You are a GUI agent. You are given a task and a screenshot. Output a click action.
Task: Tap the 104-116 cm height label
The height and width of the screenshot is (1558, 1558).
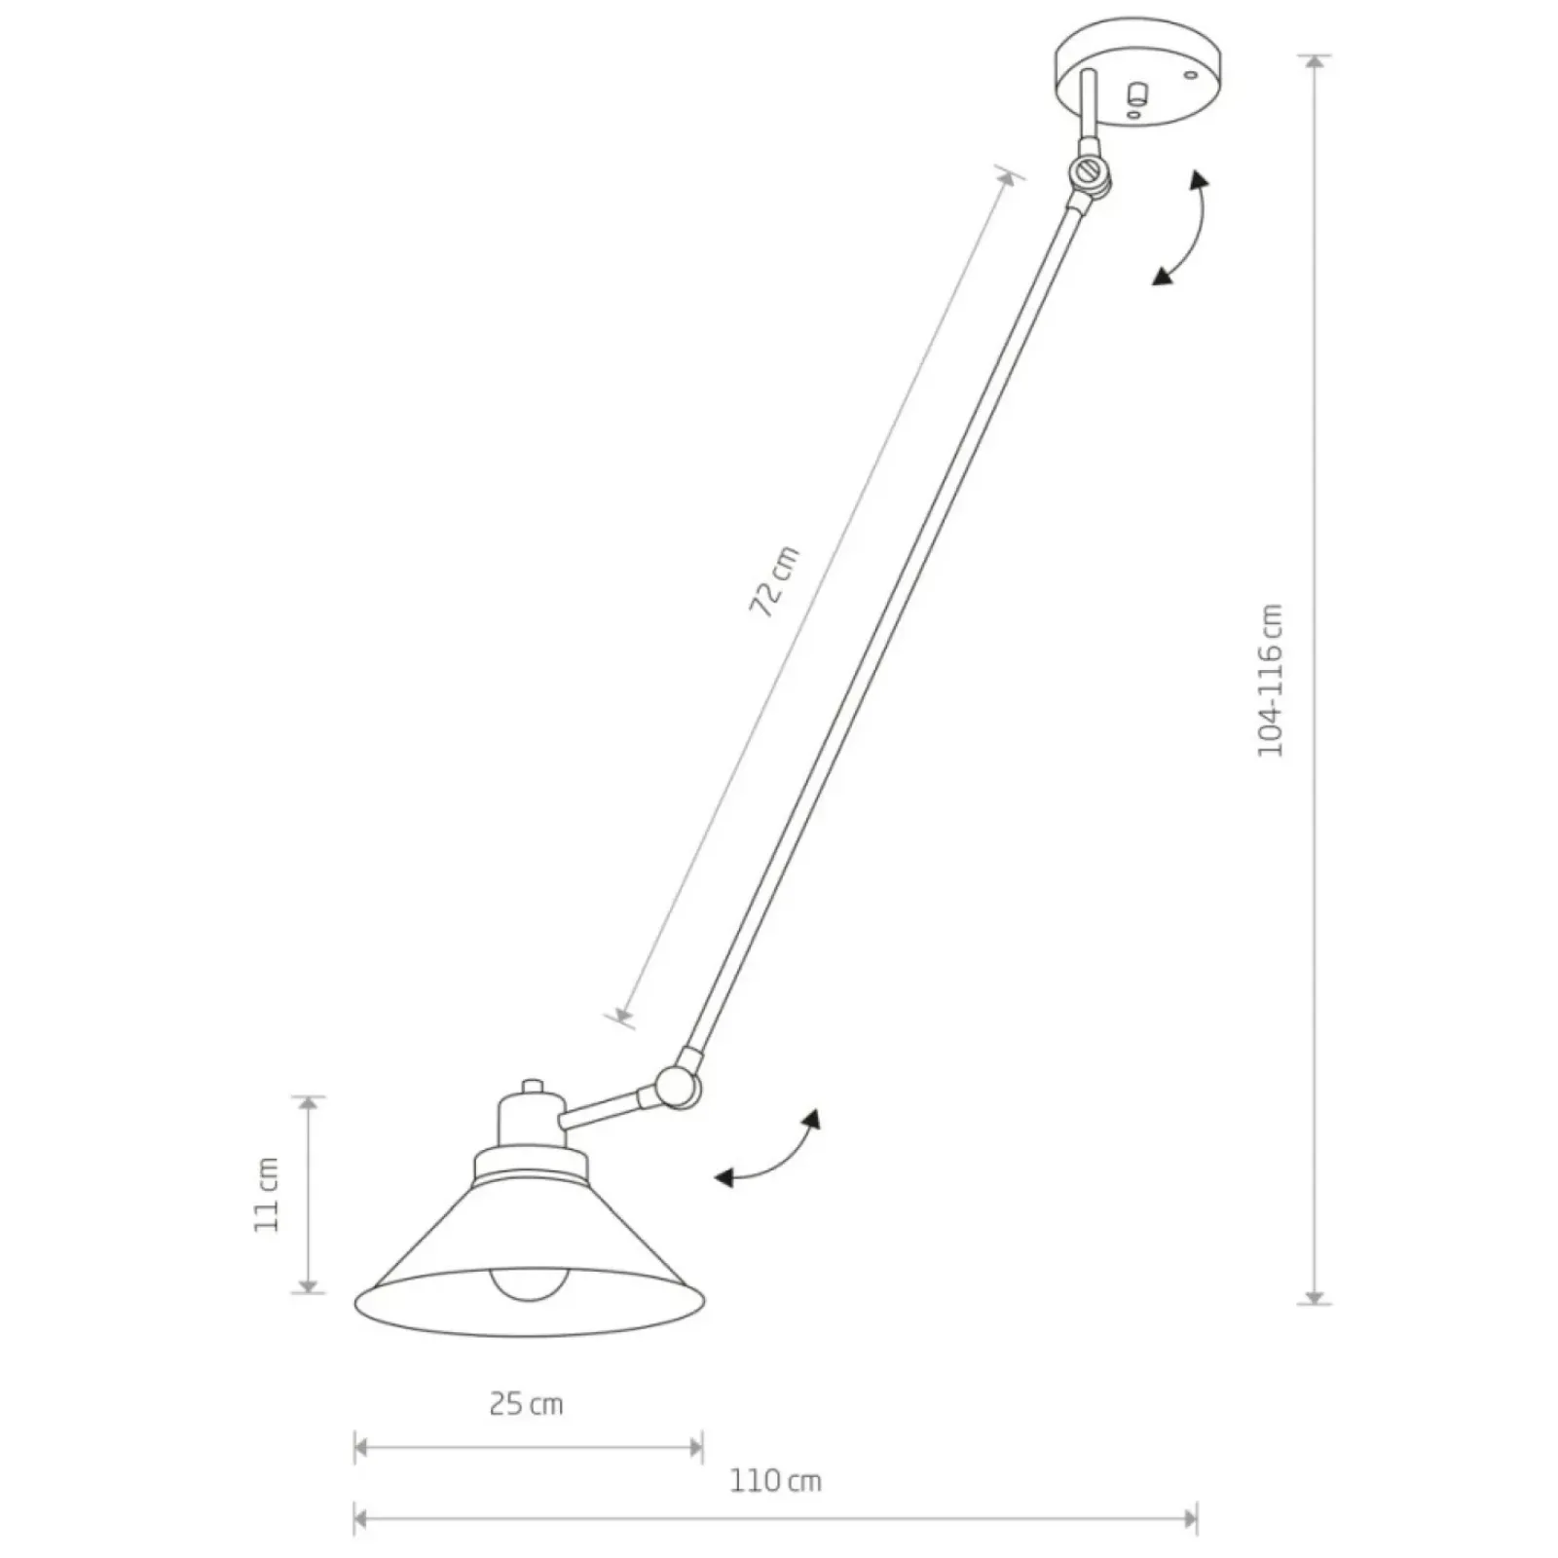pos(1271,680)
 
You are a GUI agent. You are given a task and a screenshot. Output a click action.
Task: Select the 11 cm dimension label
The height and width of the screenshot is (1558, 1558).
pos(266,1195)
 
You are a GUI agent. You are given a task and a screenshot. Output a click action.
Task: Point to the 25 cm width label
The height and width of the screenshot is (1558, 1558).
pos(526,1403)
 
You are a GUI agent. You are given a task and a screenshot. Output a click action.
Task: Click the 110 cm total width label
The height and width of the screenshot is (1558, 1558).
pos(776,1481)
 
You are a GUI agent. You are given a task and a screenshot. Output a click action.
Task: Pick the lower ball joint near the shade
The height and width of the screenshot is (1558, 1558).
pos(674,1087)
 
